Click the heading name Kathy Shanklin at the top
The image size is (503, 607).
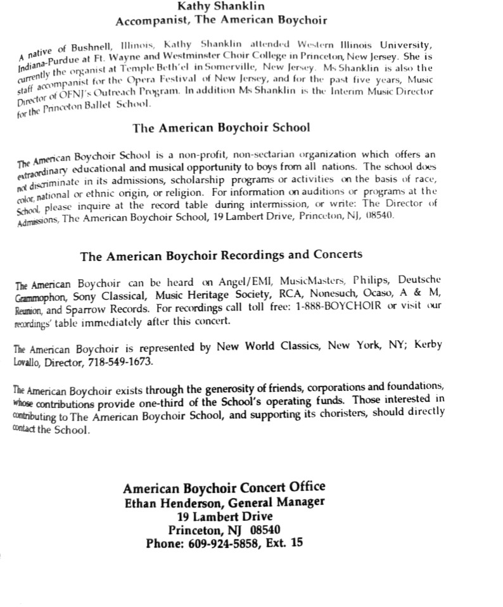point(221,6)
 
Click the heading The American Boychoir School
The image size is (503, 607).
point(221,127)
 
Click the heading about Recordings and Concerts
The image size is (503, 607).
point(221,255)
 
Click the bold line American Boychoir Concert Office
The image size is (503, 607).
point(224,488)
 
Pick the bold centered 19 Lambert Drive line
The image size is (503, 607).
point(224,516)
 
